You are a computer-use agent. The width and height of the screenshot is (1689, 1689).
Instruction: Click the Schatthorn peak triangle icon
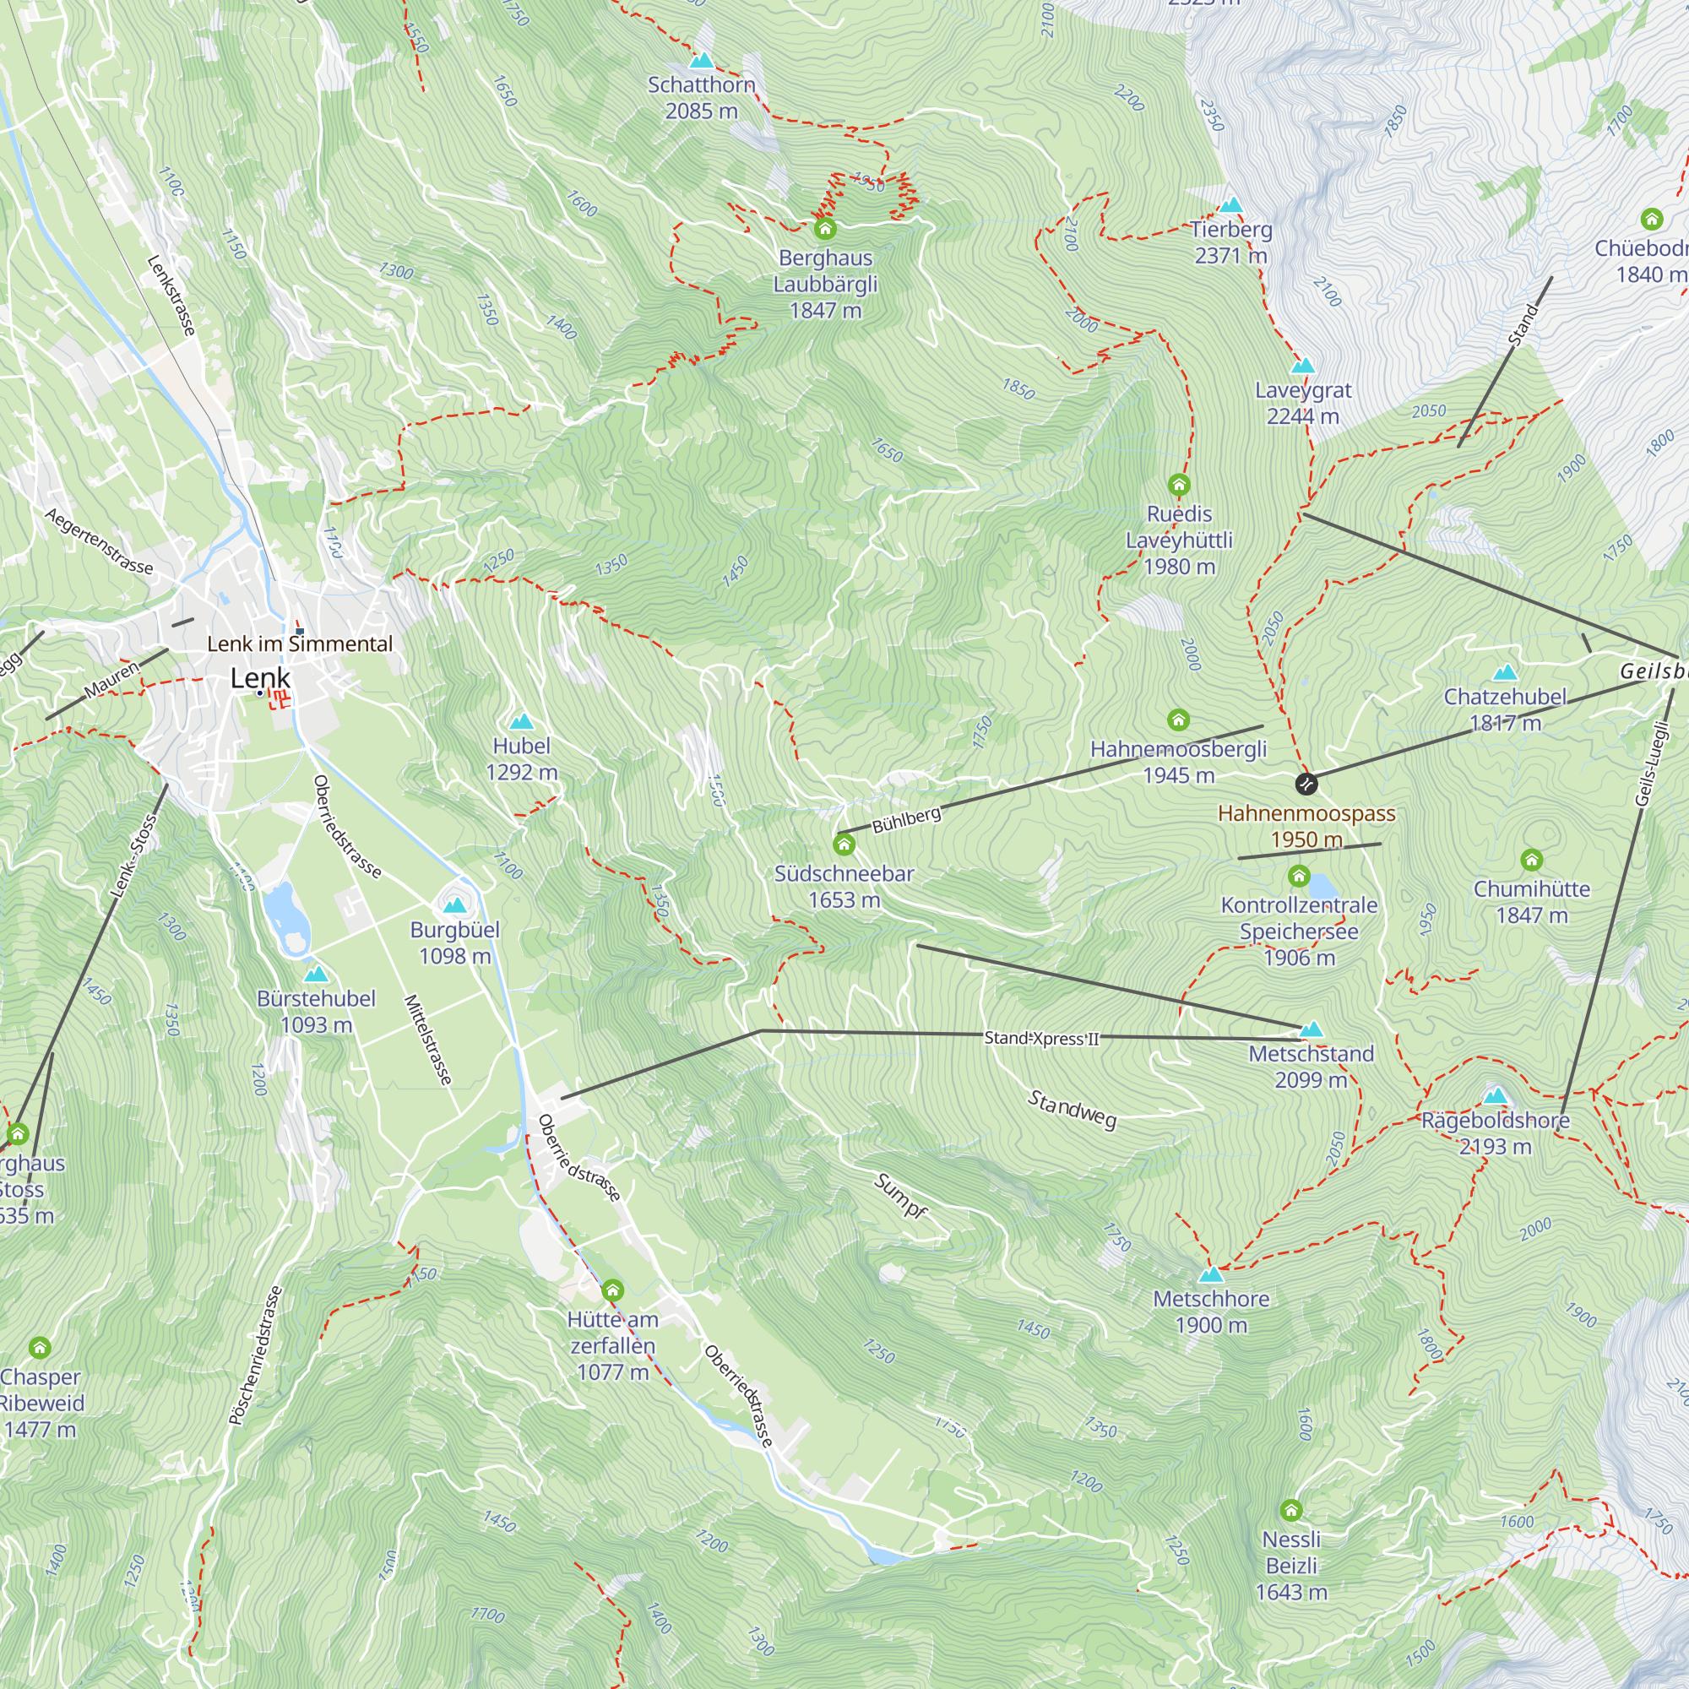[x=701, y=60]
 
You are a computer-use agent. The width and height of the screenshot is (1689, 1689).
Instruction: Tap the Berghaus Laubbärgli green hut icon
[x=825, y=229]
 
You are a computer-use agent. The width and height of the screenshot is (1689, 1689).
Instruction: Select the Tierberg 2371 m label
[x=1231, y=242]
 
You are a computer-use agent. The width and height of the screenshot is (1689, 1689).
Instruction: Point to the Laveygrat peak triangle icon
[x=1302, y=366]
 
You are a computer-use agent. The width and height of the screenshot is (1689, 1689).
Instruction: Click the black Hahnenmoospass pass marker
[x=1306, y=784]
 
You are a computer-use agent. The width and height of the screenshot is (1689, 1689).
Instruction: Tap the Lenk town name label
[x=260, y=677]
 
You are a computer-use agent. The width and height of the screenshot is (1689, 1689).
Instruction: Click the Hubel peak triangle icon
[x=521, y=721]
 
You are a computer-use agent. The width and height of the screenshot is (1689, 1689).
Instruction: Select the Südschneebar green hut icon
[x=844, y=844]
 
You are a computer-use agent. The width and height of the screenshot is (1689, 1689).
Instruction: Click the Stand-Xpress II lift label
[x=1040, y=1038]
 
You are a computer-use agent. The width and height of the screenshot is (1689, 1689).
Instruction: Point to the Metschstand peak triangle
[x=1312, y=1029]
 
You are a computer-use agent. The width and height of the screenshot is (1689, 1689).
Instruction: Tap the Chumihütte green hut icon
[x=1531, y=861]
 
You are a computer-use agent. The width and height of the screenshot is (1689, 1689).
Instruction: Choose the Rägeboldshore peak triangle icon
[x=1495, y=1095]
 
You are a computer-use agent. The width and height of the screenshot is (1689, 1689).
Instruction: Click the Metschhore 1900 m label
[x=1211, y=1312]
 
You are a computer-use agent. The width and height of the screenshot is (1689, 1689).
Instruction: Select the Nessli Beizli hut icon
[x=1291, y=1510]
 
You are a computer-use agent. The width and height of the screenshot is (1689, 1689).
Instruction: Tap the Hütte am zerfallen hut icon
[x=613, y=1290]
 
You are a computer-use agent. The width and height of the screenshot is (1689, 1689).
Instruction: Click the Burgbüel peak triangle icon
[x=454, y=904]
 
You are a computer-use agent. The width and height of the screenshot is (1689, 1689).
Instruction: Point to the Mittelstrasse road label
[x=428, y=1040]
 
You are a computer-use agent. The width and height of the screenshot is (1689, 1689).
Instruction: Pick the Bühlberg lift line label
[x=906, y=819]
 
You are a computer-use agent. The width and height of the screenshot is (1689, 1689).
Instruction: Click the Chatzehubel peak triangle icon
[x=1505, y=672]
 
